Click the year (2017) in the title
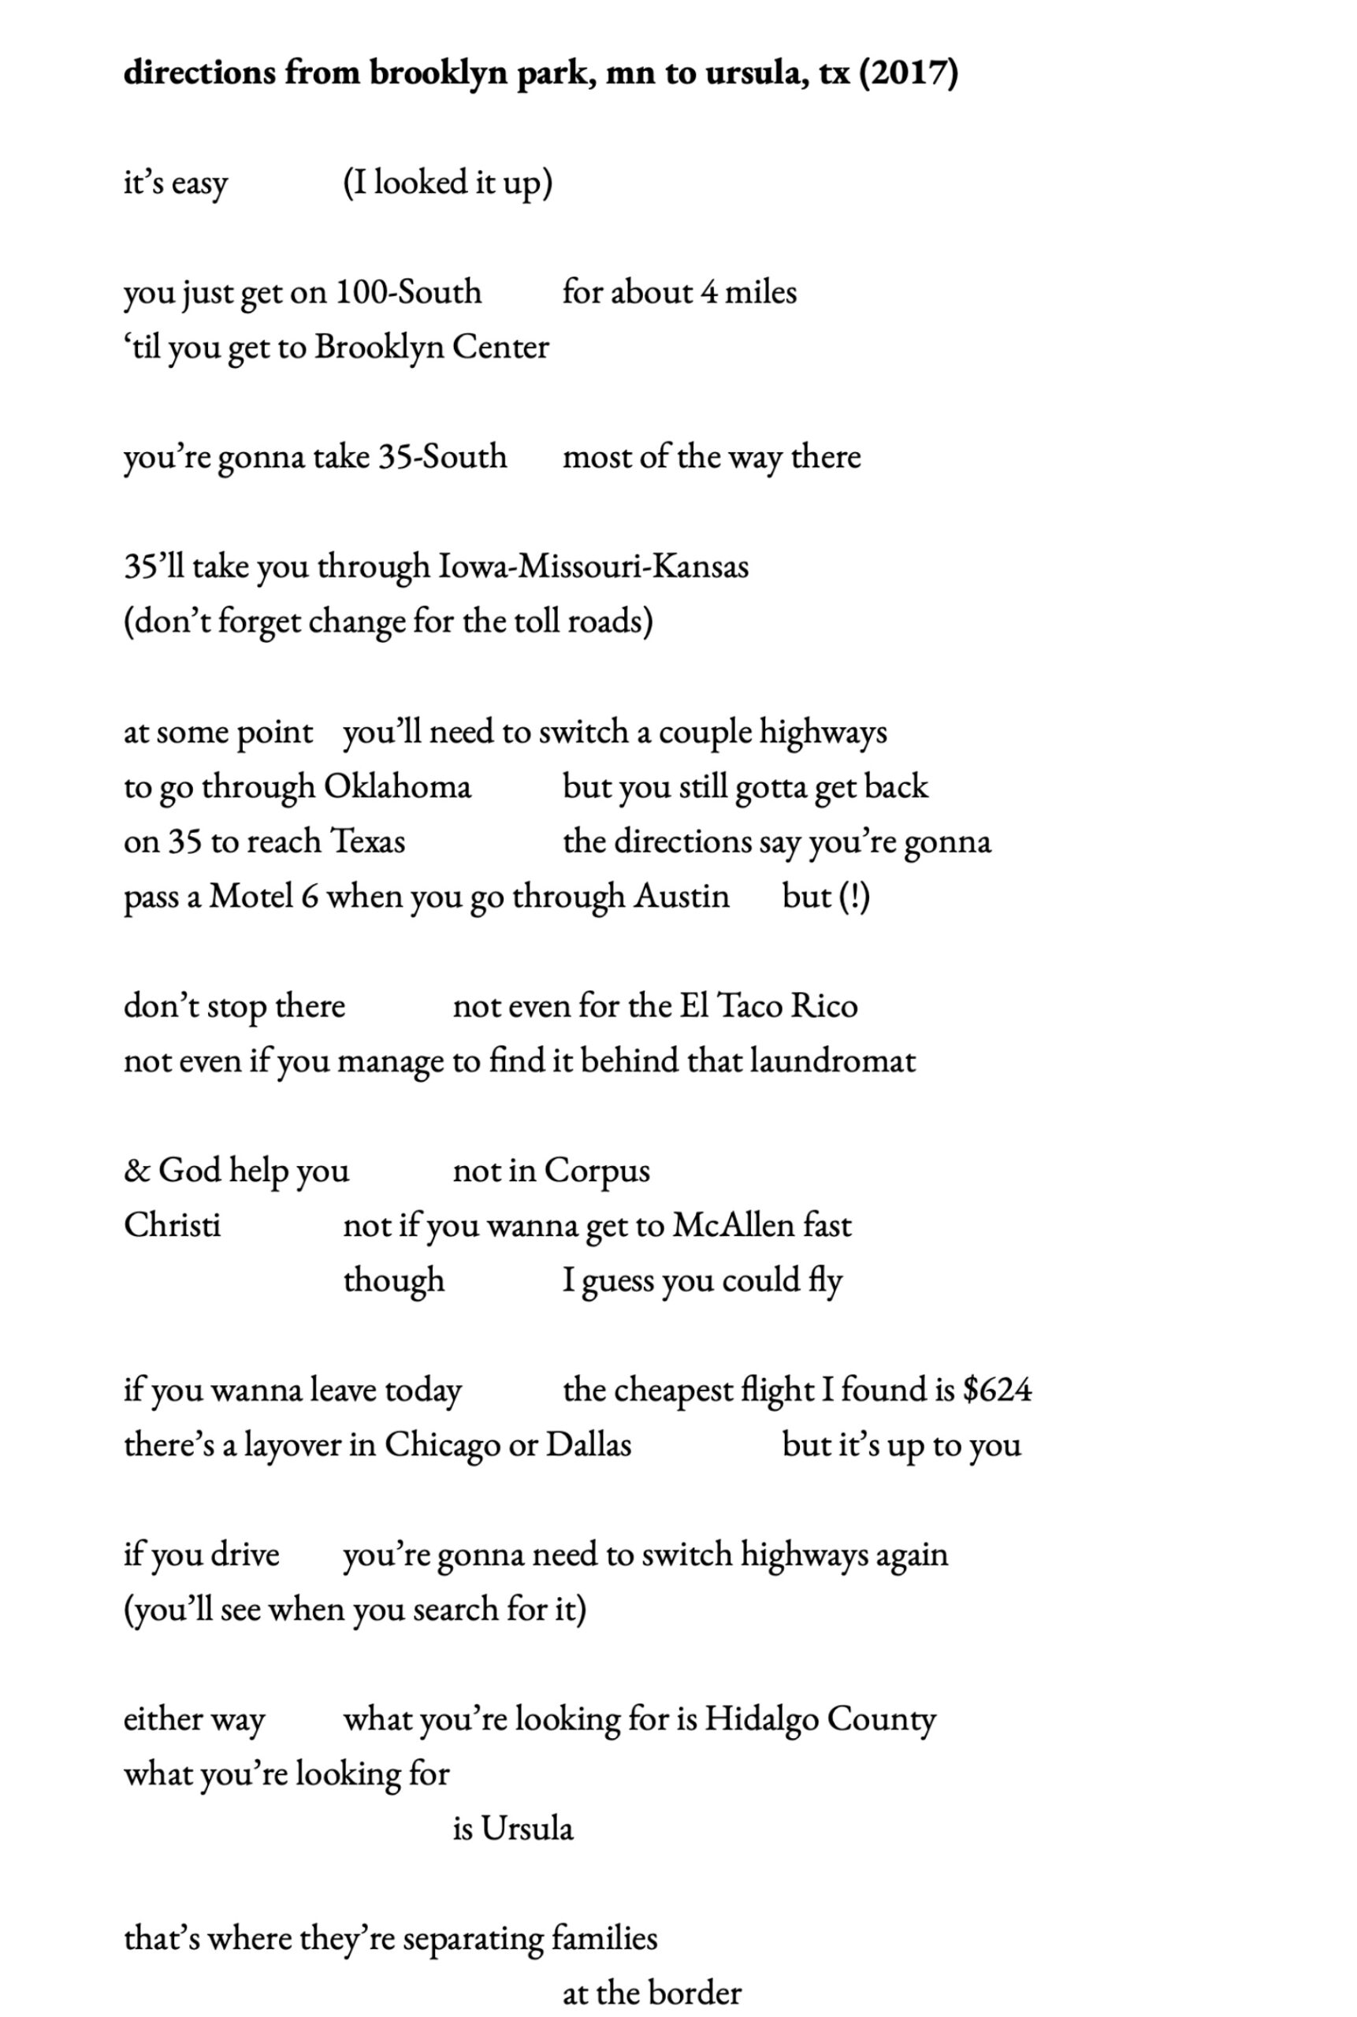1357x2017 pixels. (908, 72)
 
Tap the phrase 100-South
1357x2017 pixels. (407, 292)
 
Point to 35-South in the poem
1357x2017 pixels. (442, 457)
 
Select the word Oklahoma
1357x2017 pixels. (397, 786)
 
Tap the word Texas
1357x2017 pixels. (368, 841)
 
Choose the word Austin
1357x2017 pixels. (682, 897)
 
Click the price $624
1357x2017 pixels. (997, 1390)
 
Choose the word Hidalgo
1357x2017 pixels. (760, 1719)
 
